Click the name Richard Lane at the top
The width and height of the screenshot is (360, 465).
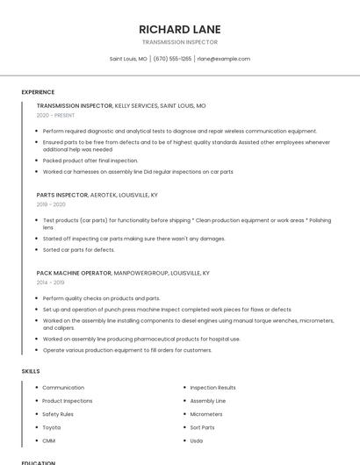click(x=179, y=29)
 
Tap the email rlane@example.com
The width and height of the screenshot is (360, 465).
click(x=223, y=59)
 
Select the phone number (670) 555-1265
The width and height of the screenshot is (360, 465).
click(x=172, y=59)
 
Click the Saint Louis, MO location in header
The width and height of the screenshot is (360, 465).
click(x=128, y=59)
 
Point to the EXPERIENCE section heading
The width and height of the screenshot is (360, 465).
click(x=38, y=92)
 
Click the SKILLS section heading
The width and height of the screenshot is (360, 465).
click(x=31, y=371)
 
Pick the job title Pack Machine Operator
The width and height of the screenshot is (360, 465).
click(x=74, y=273)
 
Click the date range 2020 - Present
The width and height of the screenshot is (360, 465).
click(x=55, y=115)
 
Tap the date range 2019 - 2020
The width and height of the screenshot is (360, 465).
click(x=51, y=204)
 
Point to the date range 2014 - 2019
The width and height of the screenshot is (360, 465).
click(x=50, y=283)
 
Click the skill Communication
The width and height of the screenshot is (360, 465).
click(x=63, y=388)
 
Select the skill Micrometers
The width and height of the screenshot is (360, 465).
click(x=206, y=414)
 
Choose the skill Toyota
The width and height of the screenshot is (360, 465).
click(x=52, y=427)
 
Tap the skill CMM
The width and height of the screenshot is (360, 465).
click(x=49, y=440)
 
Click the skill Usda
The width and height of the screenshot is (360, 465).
click(x=197, y=440)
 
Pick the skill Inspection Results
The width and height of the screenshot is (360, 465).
click(x=212, y=388)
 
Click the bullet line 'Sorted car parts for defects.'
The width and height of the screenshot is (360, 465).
click(x=79, y=249)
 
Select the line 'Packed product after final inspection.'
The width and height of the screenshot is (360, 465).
click(x=90, y=161)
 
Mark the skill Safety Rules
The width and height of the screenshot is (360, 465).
click(x=58, y=414)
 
